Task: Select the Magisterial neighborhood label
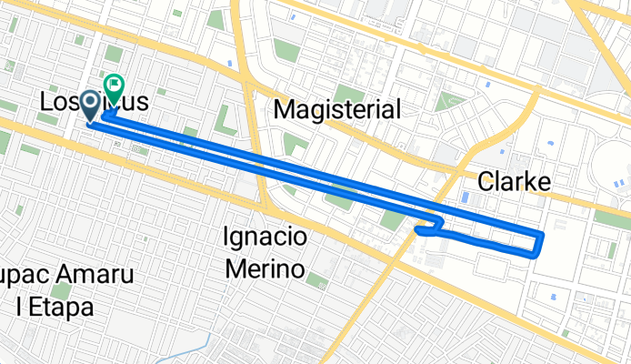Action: click(336, 110)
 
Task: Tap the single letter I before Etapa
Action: click(19, 307)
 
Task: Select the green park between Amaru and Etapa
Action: click(61, 291)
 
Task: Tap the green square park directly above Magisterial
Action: click(348, 92)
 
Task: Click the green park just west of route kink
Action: click(391, 219)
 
